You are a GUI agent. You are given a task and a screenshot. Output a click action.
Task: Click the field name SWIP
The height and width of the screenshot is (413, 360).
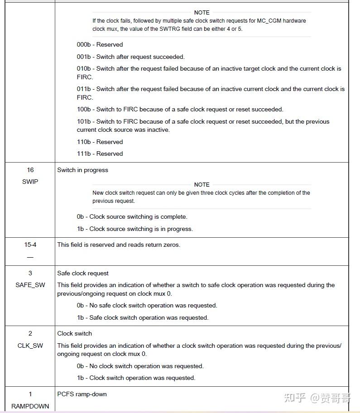(30, 182)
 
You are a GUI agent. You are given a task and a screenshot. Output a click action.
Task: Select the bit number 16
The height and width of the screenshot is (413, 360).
(30, 170)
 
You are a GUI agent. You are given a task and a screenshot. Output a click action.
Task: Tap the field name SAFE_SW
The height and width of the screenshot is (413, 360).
(30, 285)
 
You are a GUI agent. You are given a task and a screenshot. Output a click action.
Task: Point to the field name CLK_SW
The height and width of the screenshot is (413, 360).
(30, 346)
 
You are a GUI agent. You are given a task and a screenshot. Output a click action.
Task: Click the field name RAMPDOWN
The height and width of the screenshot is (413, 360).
(30, 406)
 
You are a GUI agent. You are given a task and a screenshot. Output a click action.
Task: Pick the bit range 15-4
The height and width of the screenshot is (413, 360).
(30, 245)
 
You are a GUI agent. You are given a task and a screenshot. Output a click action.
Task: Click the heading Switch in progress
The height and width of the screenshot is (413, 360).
(82, 170)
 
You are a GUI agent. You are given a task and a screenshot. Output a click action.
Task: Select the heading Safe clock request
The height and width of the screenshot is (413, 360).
(83, 273)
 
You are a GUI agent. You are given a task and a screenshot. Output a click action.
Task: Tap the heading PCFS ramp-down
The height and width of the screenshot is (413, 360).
(82, 394)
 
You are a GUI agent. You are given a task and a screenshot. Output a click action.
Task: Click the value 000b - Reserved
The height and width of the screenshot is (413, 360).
(100, 44)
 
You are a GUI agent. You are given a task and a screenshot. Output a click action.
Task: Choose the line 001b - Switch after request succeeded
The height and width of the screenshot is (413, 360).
(130, 57)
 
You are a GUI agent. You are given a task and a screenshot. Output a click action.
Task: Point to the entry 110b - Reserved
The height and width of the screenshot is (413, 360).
(100, 142)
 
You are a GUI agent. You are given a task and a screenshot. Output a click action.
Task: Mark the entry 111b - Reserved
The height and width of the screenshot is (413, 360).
(100, 154)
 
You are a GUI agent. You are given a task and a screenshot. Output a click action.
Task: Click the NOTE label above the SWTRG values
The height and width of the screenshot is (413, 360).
(202, 13)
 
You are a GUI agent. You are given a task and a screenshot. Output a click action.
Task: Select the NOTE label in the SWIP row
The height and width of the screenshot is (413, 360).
(202, 185)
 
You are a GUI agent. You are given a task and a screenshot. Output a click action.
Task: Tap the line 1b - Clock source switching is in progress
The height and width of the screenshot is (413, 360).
(134, 229)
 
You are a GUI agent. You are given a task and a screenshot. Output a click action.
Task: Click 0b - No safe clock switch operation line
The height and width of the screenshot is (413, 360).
(147, 305)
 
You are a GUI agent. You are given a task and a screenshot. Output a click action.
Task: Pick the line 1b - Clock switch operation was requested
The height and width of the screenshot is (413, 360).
(136, 378)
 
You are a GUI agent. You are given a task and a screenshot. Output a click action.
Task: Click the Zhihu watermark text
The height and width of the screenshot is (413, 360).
(317, 398)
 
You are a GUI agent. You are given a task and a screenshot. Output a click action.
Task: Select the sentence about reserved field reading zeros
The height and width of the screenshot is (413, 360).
(119, 245)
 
